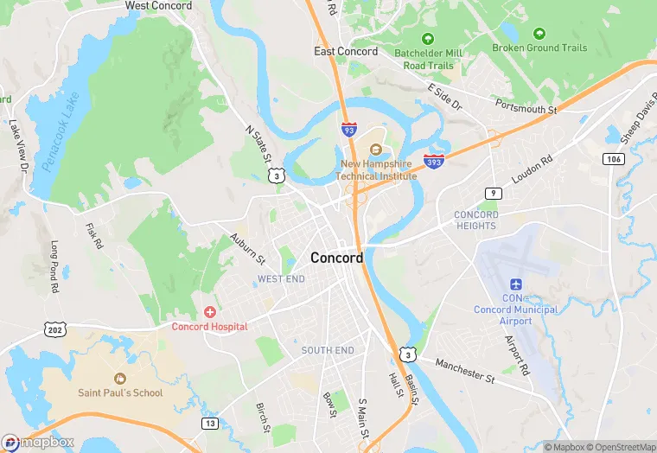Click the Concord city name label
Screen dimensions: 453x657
(336, 258)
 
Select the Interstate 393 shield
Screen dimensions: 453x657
(435, 161)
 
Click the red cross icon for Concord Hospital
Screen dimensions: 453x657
(209, 311)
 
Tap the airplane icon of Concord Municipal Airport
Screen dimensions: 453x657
(516, 284)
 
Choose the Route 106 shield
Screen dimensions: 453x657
(614, 159)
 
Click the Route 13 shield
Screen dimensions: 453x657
(210, 423)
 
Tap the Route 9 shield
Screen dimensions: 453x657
(492, 193)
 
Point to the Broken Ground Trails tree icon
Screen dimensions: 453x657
(539, 34)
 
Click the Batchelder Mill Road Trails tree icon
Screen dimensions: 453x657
(427, 39)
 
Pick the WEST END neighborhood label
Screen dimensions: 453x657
(281, 279)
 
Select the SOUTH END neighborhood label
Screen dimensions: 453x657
(328, 350)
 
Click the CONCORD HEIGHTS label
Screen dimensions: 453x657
(476, 220)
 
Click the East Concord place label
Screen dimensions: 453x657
(346, 51)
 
